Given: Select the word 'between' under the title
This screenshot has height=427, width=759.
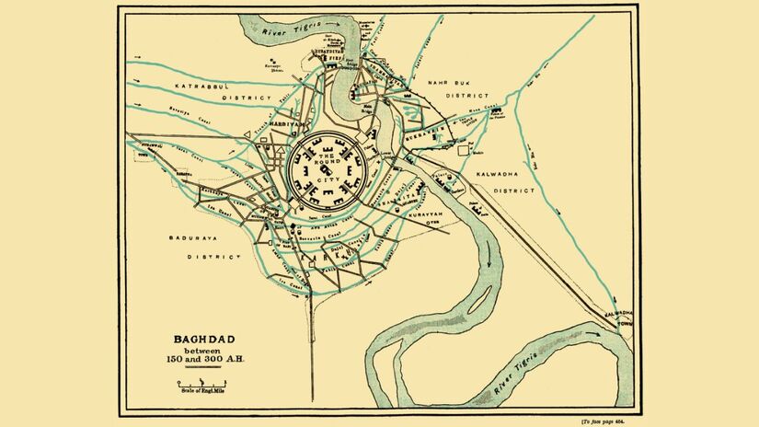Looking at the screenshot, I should pyautogui.click(x=202, y=350).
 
